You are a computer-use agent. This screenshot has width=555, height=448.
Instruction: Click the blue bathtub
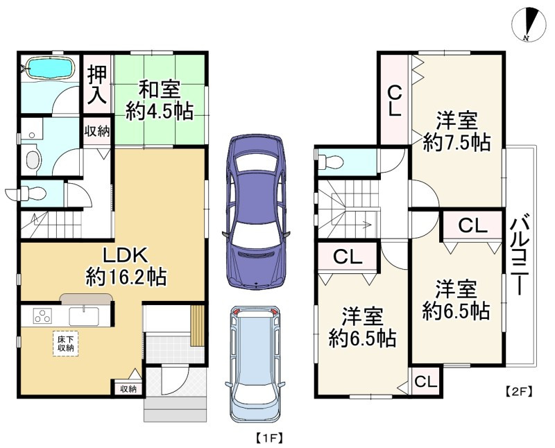(x=50, y=68)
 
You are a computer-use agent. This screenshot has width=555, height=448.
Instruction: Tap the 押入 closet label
(x=97, y=85)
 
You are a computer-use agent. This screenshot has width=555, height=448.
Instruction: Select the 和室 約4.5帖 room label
(x=160, y=101)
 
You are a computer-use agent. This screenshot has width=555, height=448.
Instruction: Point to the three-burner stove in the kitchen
(x=42, y=316)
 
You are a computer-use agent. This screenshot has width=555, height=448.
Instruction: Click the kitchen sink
(x=84, y=316)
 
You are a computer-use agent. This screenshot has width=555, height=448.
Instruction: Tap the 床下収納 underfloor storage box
(x=65, y=343)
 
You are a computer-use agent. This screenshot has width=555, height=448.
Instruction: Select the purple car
(x=256, y=212)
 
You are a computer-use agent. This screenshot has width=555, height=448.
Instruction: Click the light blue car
(x=255, y=365)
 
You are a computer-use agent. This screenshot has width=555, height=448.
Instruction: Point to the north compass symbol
(x=529, y=24)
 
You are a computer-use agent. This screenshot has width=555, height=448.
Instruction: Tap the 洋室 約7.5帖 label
(x=456, y=132)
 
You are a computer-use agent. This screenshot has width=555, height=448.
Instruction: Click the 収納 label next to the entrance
(x=128, y=389)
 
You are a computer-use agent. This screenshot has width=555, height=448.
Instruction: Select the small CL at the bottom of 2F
(x=425, y=381)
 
